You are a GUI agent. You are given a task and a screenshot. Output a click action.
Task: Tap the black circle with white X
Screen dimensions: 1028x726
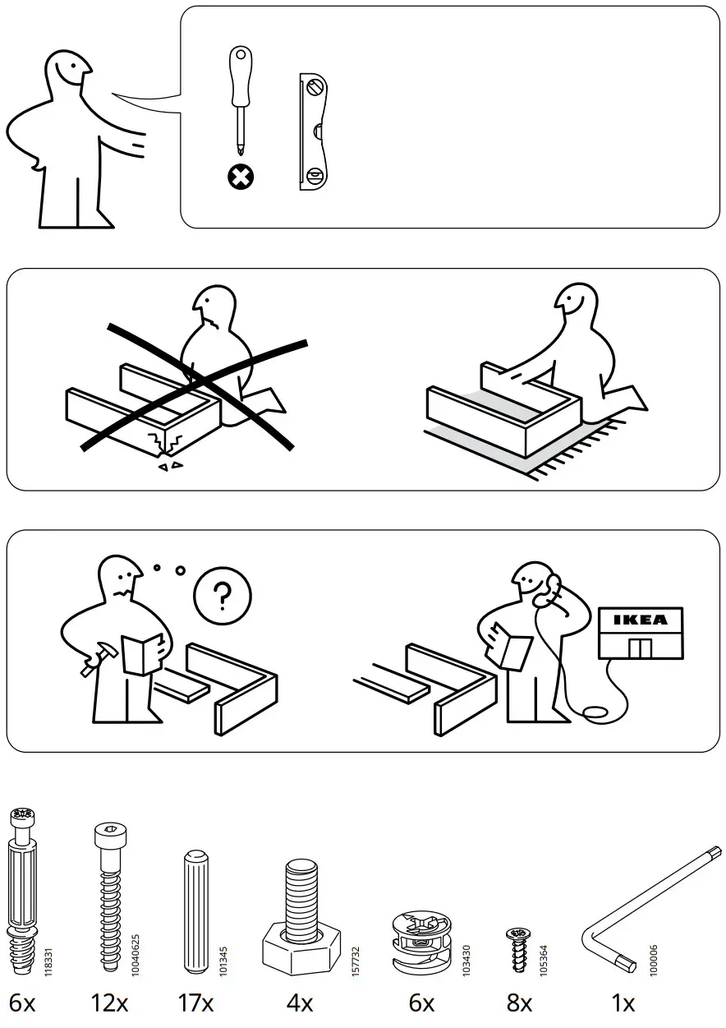241,175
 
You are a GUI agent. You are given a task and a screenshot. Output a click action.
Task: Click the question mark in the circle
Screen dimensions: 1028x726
222,595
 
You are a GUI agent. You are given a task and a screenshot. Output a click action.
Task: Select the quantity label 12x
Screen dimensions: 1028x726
110,1003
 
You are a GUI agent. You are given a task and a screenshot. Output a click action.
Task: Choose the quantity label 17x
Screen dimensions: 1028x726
195,1003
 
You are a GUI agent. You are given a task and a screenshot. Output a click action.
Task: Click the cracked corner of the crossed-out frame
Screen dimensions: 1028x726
168,444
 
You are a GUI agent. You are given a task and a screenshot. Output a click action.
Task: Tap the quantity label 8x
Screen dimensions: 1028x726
519,1003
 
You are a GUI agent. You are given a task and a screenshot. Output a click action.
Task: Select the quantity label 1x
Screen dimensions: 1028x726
623,1003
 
